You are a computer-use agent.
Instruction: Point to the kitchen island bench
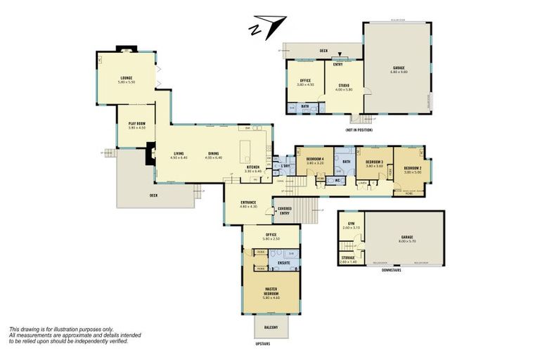246,150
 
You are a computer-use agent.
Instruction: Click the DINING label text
213,155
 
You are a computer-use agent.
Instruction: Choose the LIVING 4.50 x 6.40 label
179,155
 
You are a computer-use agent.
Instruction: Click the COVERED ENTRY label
284,210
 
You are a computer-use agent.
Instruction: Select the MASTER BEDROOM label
271,292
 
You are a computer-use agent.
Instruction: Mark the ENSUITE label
284,263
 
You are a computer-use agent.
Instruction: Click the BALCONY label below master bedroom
271,328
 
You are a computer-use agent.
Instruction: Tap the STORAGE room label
348,259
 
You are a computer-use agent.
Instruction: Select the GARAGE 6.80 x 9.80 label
398,70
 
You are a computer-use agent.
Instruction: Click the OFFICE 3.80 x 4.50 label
305,82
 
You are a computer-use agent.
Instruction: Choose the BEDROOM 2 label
412,169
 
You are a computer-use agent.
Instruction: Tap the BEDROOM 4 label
314,160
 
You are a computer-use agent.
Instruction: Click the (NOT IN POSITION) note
359,131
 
